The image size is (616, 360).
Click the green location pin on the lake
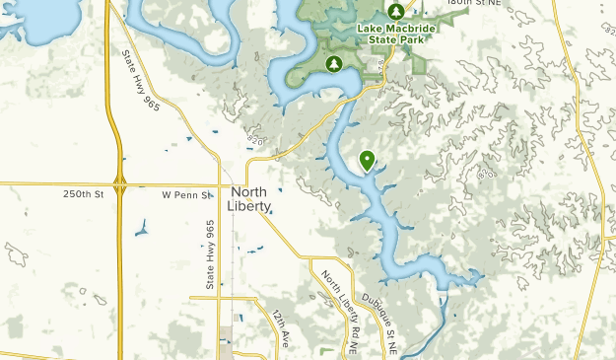(x=367, y=159)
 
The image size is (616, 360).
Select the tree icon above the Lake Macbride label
(x=395, y=11)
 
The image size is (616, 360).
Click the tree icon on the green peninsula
(x=334, y=64)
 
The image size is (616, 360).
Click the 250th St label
(x=84, y=195)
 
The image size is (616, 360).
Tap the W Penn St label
(x=187, y=195)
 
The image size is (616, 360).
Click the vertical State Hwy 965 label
(x=210, y=254)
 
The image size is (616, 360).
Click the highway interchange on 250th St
(x=120, y=182)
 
